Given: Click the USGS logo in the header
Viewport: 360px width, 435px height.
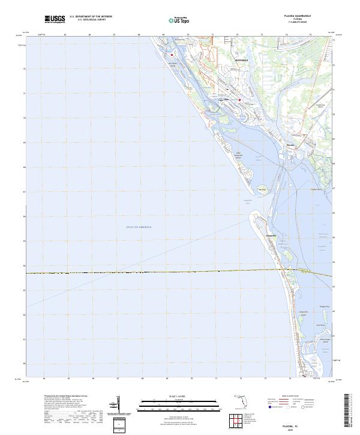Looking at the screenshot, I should point(56,20).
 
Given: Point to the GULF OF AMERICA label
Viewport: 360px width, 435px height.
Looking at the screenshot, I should point(139,227).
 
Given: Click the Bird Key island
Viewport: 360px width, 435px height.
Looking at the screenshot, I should point(262,190).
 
